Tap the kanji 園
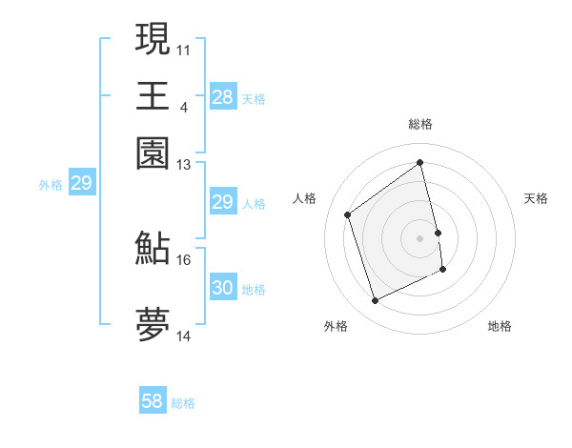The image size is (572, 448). click(153, 153)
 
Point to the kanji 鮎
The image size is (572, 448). click(153, 248)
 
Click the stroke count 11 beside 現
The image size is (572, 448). click(184, 49)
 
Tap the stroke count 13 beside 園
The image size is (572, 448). click(184, 164)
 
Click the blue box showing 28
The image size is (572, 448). click(222, 97)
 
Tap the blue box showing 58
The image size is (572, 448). click(153, 401)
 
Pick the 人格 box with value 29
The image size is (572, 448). click(222, 202)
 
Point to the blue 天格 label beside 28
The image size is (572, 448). click(254, 99)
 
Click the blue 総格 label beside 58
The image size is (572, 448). click(183, 403)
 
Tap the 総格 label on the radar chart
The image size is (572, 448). click(419, 124)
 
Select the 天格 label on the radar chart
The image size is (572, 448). click(536, 198)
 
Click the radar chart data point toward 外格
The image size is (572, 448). click(375, 301)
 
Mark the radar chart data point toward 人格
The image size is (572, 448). click(348, 214)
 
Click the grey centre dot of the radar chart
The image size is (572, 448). click(419, 237)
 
